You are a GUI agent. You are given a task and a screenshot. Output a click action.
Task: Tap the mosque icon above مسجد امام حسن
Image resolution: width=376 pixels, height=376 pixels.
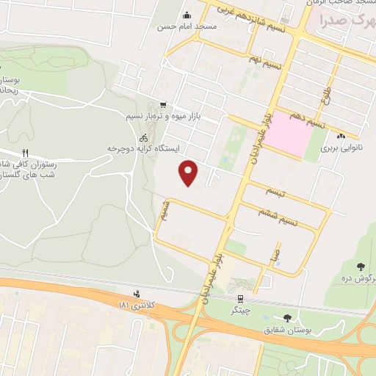pos(187,15)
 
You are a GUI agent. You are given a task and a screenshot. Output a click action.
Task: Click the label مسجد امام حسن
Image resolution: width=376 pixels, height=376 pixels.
pos(187,26)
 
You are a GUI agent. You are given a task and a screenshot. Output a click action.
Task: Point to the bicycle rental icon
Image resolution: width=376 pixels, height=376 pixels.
pos(145,137)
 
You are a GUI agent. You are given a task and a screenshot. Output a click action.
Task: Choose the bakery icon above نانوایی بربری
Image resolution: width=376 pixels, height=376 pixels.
pos(340,136)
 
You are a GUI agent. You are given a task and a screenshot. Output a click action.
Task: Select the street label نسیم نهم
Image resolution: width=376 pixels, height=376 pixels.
pos(264,65)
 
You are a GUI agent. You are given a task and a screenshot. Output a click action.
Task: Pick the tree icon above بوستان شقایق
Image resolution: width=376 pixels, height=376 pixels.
pos(286,318)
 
